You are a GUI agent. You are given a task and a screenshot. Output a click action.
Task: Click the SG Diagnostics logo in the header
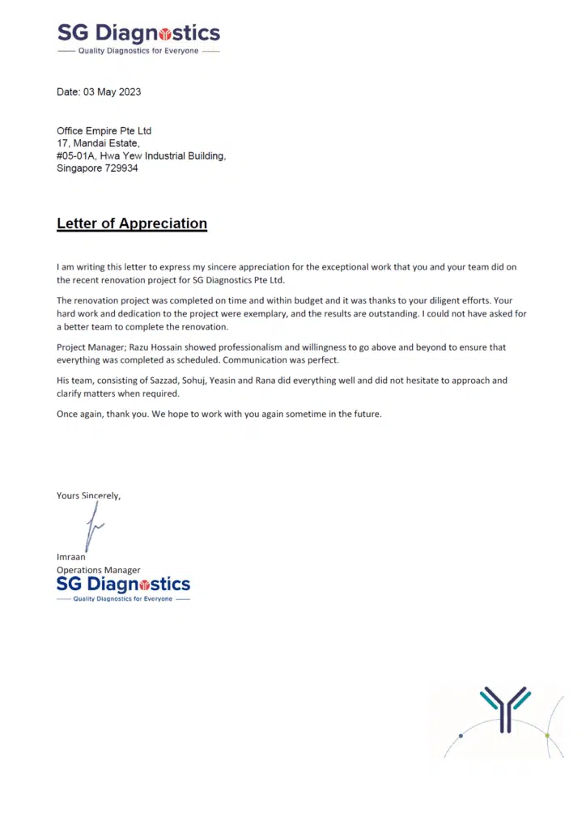coord(138,37)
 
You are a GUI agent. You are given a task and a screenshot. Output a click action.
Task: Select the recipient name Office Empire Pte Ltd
coord(104,131)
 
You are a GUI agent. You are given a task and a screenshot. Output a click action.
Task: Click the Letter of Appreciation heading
coord(132,223)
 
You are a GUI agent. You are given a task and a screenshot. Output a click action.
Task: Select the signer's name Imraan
coord(71,557)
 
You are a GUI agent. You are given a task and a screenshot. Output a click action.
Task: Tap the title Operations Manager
coord(98,570)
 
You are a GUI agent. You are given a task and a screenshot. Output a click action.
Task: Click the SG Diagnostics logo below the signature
coord(123,588)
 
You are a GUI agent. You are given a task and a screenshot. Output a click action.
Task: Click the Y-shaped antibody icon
coord(505,706)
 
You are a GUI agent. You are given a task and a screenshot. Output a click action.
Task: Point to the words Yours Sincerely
coord(88,495)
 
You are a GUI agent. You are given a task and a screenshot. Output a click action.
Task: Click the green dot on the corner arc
coord(547,736)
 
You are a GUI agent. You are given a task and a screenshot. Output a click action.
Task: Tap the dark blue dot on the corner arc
coord(461,736)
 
